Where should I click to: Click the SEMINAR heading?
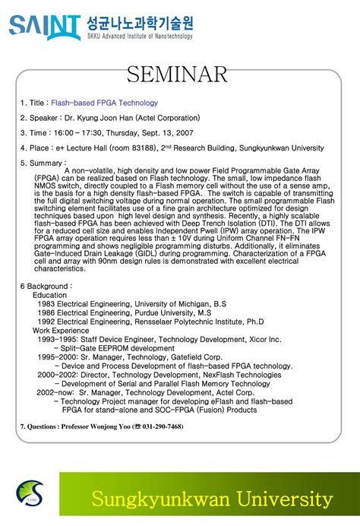[x=177, y=74]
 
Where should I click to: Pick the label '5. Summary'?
[x=43, y=163]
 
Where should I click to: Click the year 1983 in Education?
[x=46, y=303]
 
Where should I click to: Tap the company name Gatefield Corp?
[x=194, y=356]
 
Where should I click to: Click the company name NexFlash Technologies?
[x=238, y=375]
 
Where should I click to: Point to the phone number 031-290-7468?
[x=158, y=426]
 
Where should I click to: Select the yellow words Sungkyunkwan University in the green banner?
[x=212, y=499]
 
